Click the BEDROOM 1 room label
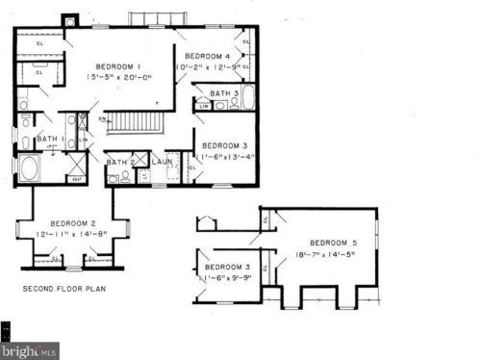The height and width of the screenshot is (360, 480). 119,64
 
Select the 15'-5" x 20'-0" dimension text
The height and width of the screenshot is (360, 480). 119,76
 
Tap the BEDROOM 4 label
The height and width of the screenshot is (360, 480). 208,56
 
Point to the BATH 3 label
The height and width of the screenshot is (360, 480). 224,93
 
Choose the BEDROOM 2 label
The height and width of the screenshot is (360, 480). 73,222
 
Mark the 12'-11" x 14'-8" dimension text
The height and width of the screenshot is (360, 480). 73,234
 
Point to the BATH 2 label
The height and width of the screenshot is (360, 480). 120,162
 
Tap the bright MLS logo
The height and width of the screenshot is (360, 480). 30,350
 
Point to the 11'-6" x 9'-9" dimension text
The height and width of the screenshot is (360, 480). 227,277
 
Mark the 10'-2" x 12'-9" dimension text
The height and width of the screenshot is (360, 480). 208,67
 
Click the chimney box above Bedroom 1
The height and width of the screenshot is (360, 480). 69,20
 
